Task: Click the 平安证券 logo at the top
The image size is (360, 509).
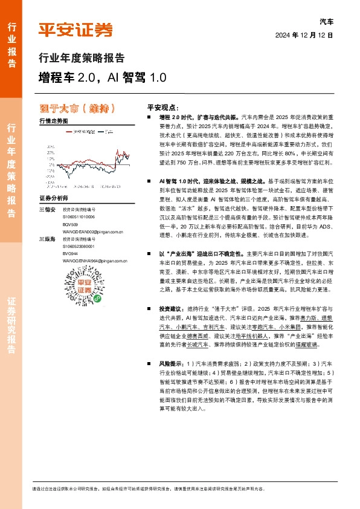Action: tap(76, 28)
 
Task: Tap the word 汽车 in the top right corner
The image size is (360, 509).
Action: tap(326, 21)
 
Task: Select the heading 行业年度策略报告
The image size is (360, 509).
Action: tap(82, 58)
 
